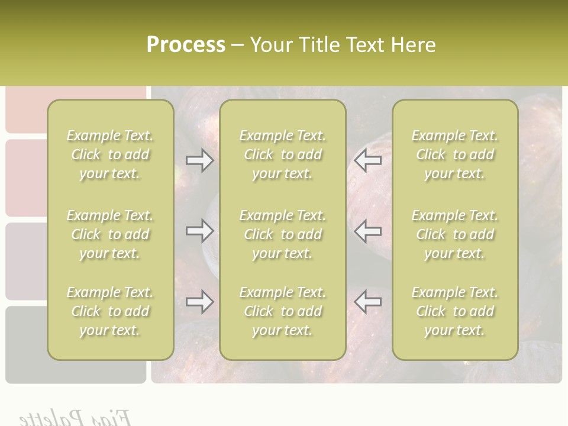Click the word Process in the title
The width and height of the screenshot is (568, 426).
186,45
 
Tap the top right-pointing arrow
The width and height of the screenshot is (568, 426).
199,160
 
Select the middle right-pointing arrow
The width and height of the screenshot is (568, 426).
199,231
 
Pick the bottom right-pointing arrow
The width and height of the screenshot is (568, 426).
199,302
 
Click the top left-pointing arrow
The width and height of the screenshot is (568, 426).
368,160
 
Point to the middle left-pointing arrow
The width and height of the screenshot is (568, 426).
368,231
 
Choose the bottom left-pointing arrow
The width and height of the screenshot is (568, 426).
368,302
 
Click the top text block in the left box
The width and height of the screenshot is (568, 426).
110,154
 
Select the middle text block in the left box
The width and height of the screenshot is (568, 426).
110,234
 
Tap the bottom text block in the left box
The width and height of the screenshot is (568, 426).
110,311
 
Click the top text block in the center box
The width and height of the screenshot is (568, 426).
282,154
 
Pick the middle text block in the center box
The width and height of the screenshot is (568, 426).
282,234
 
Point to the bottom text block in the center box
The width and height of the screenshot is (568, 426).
282,311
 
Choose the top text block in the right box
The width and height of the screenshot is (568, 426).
455,154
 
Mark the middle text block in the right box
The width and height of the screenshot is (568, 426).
455,234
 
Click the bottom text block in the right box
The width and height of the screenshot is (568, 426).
455,311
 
